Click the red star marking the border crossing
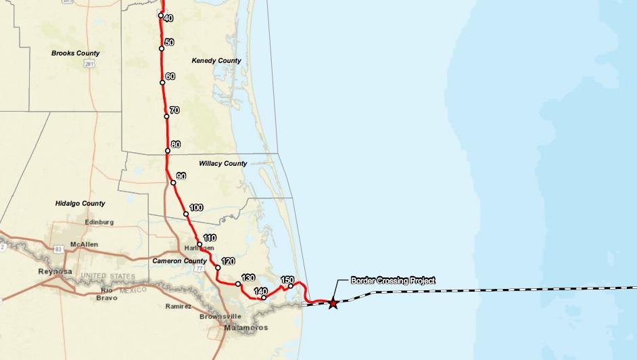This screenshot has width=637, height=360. tap(333, 303)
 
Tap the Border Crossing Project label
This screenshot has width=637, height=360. tap(393, 279)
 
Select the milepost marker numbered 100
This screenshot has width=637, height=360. tap(186, 214)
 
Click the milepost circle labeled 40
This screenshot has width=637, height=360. tap(161, 16)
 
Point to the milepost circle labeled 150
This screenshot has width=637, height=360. tap(290, 286)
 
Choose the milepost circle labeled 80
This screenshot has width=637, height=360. tap(168, 151)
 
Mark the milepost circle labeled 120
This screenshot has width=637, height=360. tap(218, 268)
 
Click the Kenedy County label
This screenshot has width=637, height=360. tap(216, 61)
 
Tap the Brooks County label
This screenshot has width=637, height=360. tap(75, 53)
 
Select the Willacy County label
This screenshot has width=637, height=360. tap(223, 164)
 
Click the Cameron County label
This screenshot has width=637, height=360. tap(179, 261)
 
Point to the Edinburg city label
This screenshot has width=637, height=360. tap(99, 221)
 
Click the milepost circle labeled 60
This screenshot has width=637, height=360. tap(163, 83)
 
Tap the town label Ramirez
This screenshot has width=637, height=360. tap(179, 306)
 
